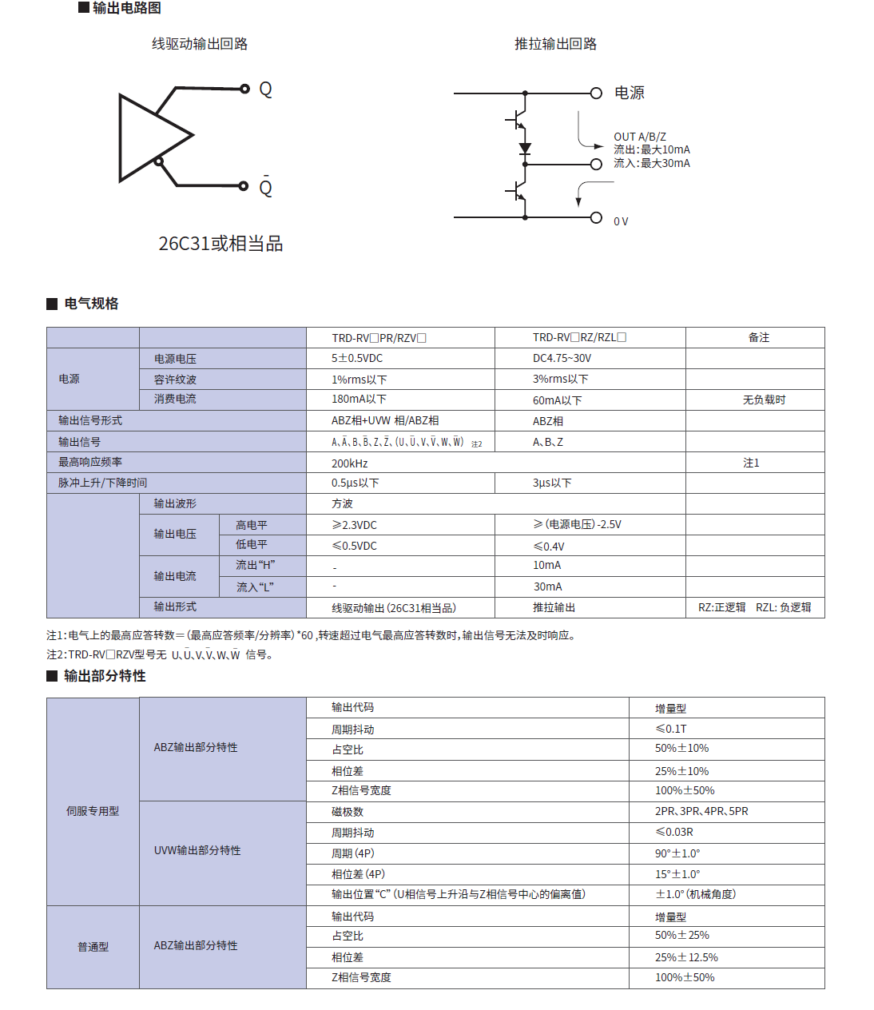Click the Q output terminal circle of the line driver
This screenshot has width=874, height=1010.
tap(245, 89)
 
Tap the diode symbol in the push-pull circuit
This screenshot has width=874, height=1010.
tap(525, 148)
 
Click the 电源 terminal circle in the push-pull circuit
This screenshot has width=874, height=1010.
tap(596, 93)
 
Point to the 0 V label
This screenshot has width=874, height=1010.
tap(621, 221)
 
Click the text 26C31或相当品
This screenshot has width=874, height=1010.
tap(220, 244)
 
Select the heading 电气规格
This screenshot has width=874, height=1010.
tap(91, 304)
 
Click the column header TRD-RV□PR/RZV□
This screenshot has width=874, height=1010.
tap(379, 338)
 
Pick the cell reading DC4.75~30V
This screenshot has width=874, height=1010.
tap(562, 358)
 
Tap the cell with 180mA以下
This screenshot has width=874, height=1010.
tap(359, 399)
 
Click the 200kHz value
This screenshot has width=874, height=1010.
tap(350, 463)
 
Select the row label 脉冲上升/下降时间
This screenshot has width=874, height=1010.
tap(102, 483)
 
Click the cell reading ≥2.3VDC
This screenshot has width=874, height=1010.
tap(354, 525)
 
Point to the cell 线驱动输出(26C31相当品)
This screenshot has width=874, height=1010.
tap(394, 608)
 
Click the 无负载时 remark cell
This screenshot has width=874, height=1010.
tap(764, 400)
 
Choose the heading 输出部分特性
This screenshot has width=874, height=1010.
tap(105, 676)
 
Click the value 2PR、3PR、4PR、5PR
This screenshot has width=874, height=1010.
tap(701, 811)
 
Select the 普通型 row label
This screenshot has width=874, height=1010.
tap(93, 947)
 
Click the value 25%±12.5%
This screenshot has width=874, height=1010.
tap(686, 957)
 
